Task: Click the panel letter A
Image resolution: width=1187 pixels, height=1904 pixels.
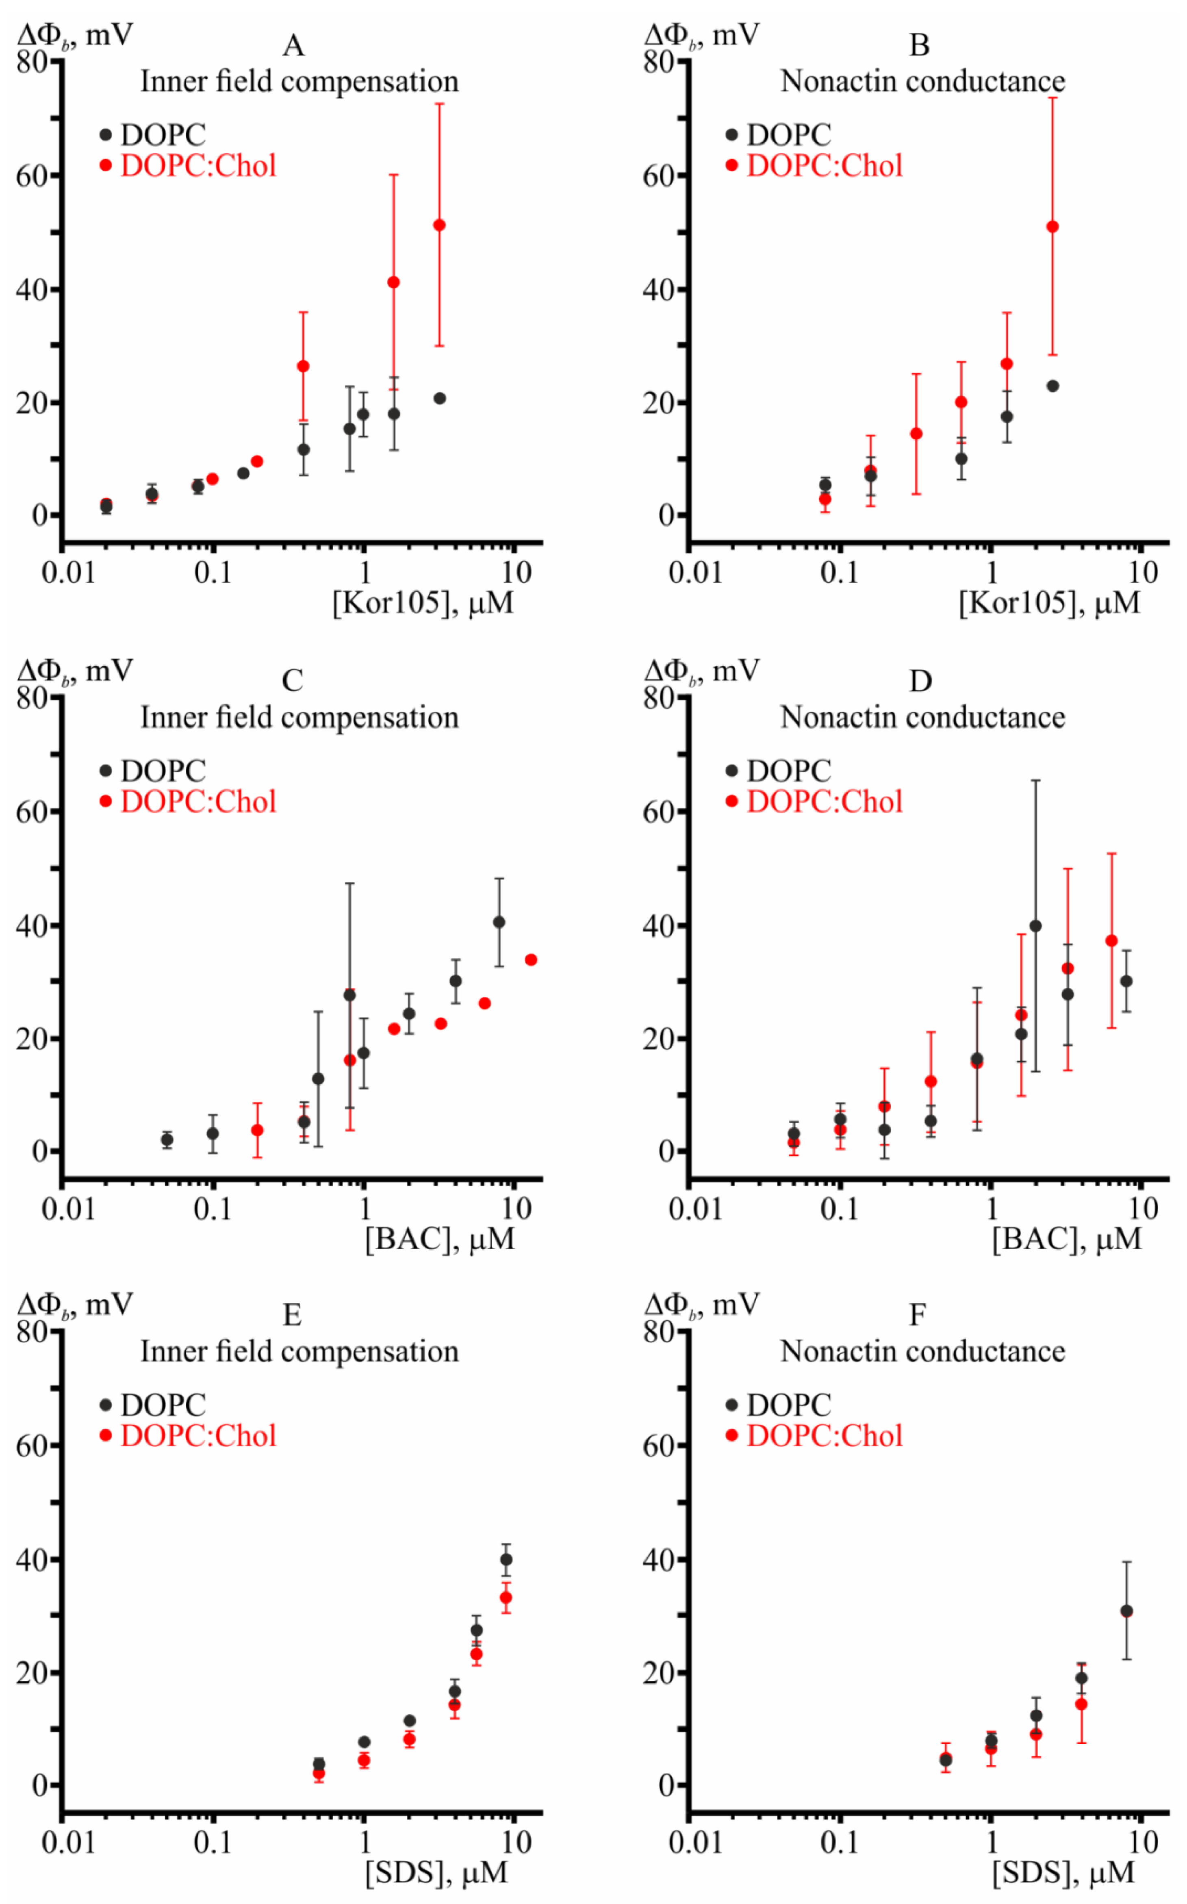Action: (293, 46)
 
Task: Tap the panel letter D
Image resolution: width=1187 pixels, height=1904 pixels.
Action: (920, 682)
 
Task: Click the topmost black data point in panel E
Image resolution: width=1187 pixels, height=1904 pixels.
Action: (506, 1560)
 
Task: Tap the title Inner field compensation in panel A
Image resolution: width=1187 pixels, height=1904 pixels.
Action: (299, 82)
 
